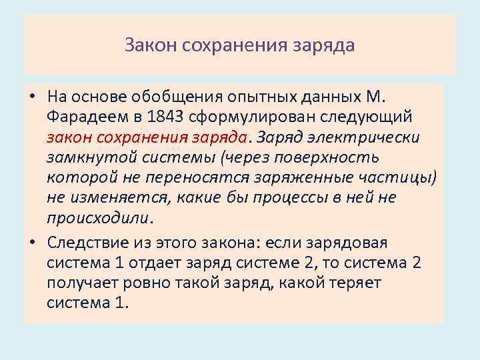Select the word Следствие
87,243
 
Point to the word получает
81,283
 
